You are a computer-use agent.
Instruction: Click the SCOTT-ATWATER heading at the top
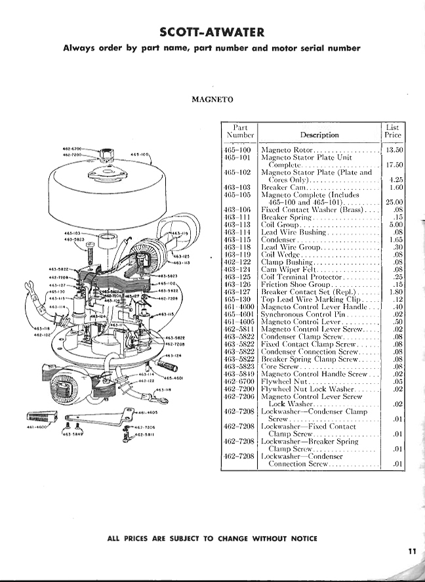coord(212,32)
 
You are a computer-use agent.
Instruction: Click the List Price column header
coord(392,131)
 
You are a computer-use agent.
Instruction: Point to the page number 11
coord(411,552)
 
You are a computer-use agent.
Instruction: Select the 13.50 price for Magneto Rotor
coord(392,150)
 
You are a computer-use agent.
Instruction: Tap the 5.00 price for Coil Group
coord(394,224)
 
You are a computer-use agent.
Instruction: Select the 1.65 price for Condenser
coord(394,239)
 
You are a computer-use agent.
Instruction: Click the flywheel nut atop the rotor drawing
coord(106,156)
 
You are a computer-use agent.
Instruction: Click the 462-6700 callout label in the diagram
coord(71,150)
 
